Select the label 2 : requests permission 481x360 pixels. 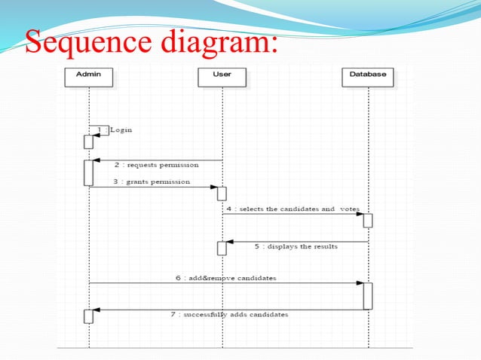(x=157, y=164)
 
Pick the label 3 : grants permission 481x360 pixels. (x=152, y=182)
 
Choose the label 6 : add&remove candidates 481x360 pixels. (x=225, y=278)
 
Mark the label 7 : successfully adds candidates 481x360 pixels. (x=228, y=314)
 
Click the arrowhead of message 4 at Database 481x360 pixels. (x=360, y=215)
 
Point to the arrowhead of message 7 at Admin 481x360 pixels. (x=97, y=310)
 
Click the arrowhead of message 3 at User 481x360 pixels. (x=214, y=187)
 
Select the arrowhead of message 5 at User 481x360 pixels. (x=230, y=242)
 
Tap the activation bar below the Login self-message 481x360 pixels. (x=88, y=142)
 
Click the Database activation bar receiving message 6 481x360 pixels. (x=368, y=296)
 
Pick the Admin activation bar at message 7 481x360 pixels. (x=88, y=316)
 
